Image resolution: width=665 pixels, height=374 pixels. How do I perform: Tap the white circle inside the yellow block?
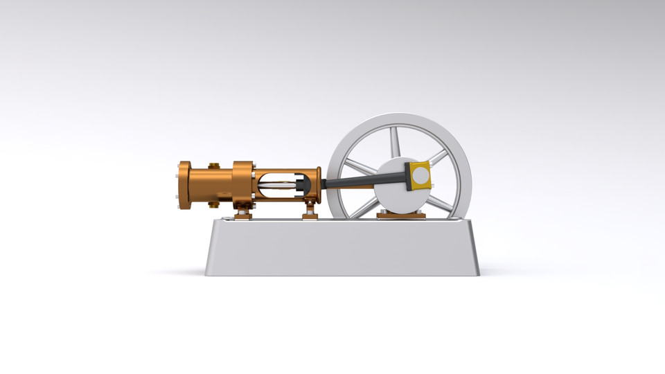(x=420, y=176)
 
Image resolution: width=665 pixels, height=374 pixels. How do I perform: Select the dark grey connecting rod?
(x=360, y=181)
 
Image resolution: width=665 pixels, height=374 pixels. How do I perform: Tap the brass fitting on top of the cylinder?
(x=213, y=166)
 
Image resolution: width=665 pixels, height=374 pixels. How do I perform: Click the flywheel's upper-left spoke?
(x=359, y=166)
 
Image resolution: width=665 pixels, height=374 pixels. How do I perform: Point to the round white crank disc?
(x=395, y=194)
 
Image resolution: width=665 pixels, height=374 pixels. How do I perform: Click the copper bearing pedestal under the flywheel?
(x=401, y=215)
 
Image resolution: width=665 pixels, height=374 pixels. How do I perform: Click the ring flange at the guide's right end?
(x=318, y=183)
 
